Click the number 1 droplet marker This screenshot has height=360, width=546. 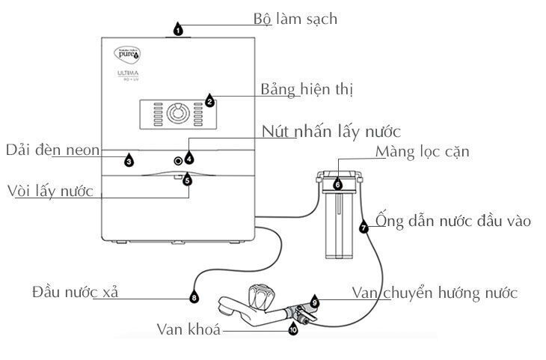[178, 30]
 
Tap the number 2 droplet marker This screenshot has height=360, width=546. [209, 101]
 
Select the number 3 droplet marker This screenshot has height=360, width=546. [129, 160]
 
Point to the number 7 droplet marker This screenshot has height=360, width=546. [364, 228]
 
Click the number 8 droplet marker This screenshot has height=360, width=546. [194, 297]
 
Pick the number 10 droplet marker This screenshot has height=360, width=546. [292, 328]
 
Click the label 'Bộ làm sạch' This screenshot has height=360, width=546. [295, 19]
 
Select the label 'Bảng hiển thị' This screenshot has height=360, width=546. [307, 89]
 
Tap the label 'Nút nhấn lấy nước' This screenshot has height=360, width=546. [331, 132]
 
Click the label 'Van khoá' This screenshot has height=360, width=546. [188, 329]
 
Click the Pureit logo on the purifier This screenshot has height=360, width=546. [126, 54]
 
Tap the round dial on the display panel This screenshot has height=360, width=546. [178, 114]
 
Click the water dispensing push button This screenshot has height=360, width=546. [178, 161]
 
